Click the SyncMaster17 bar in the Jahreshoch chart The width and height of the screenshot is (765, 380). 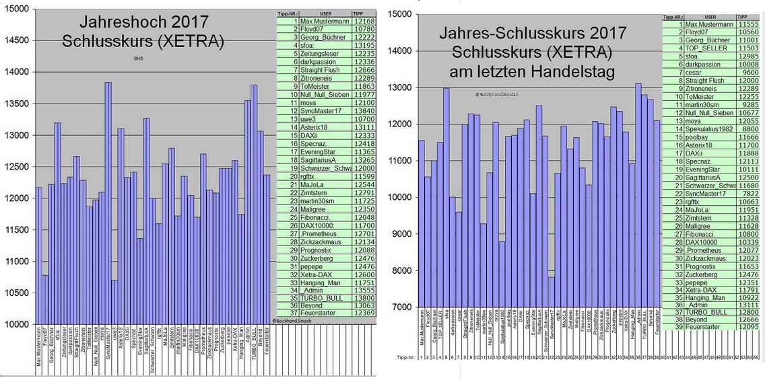click(108, 202)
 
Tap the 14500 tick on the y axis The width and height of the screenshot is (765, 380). click(17, 40)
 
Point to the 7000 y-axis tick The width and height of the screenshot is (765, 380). click(403, 307)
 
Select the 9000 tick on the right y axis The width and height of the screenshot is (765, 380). click(403, 234)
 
